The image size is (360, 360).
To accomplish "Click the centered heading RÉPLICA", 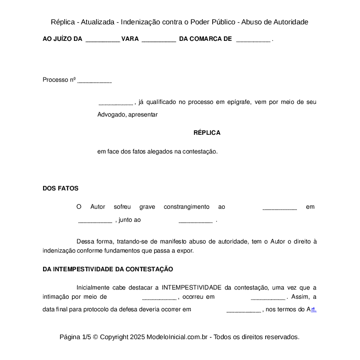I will (207, 133).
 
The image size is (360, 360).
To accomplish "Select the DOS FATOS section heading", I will (60, 188).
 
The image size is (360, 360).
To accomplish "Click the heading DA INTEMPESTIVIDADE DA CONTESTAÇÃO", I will (108, 269).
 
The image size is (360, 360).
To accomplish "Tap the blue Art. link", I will (312, 309).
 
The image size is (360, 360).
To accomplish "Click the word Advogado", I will (111, 115).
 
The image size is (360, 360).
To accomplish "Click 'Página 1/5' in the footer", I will (75, 337).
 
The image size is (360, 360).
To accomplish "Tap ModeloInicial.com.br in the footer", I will (178, 337).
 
